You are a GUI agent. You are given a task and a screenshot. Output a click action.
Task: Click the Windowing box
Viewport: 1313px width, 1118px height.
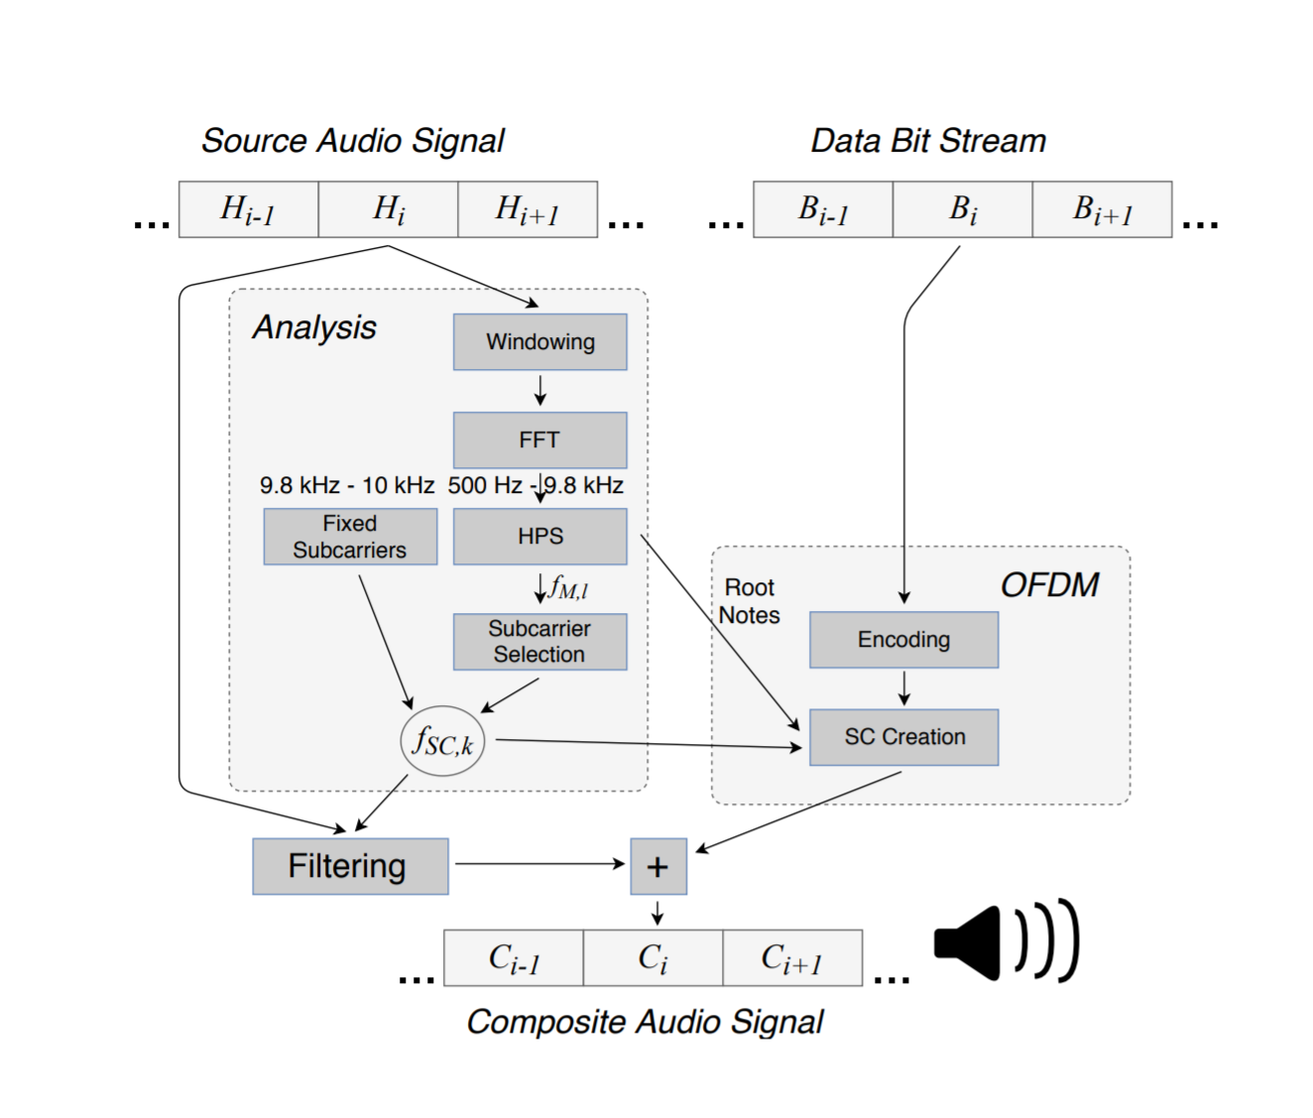539,342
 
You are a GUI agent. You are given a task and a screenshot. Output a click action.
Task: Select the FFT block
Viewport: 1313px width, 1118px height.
539,439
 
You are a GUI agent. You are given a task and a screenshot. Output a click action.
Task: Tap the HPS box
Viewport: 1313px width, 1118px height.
539,537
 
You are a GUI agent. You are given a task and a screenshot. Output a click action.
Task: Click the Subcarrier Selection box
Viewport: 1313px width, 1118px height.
539,642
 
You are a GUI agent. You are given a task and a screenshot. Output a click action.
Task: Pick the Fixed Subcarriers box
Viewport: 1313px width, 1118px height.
350,537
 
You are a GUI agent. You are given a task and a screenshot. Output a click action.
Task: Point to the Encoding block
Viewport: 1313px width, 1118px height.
903,640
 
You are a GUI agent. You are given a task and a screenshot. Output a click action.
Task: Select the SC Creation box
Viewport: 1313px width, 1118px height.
903,737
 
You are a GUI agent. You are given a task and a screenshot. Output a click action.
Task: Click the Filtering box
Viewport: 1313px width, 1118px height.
350,866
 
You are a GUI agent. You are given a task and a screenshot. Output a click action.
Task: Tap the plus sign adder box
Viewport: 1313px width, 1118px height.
657,867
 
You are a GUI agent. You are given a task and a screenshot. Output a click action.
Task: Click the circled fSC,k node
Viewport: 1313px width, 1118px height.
442,741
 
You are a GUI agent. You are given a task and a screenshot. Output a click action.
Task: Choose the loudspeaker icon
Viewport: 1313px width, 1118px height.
1005,941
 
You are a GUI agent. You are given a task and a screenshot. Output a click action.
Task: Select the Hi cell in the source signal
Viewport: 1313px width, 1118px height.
388,209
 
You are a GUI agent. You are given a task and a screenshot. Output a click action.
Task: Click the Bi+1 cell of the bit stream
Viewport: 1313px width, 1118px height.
1102,209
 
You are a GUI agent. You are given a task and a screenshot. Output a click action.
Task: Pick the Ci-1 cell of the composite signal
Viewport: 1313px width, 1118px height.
514,958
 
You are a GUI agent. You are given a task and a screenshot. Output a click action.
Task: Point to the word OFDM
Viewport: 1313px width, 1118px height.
1049,585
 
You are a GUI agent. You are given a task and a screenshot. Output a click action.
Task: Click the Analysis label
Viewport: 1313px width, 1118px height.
314,327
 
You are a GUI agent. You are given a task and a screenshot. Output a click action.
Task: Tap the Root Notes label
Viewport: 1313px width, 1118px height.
750,601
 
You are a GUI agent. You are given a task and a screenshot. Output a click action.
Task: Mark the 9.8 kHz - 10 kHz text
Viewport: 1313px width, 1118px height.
347,485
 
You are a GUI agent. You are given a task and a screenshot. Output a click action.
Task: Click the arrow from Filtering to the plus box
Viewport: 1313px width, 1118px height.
540,864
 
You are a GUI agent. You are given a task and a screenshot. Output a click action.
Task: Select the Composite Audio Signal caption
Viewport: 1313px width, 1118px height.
645,1022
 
